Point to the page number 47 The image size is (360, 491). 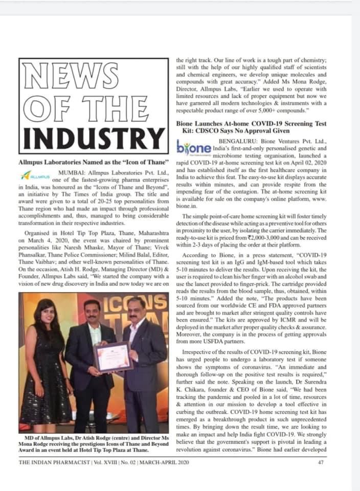pos(321,463)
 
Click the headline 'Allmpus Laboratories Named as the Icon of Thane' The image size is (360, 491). pos(94,162)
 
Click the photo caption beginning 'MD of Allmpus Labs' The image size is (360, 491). pos(94,444)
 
